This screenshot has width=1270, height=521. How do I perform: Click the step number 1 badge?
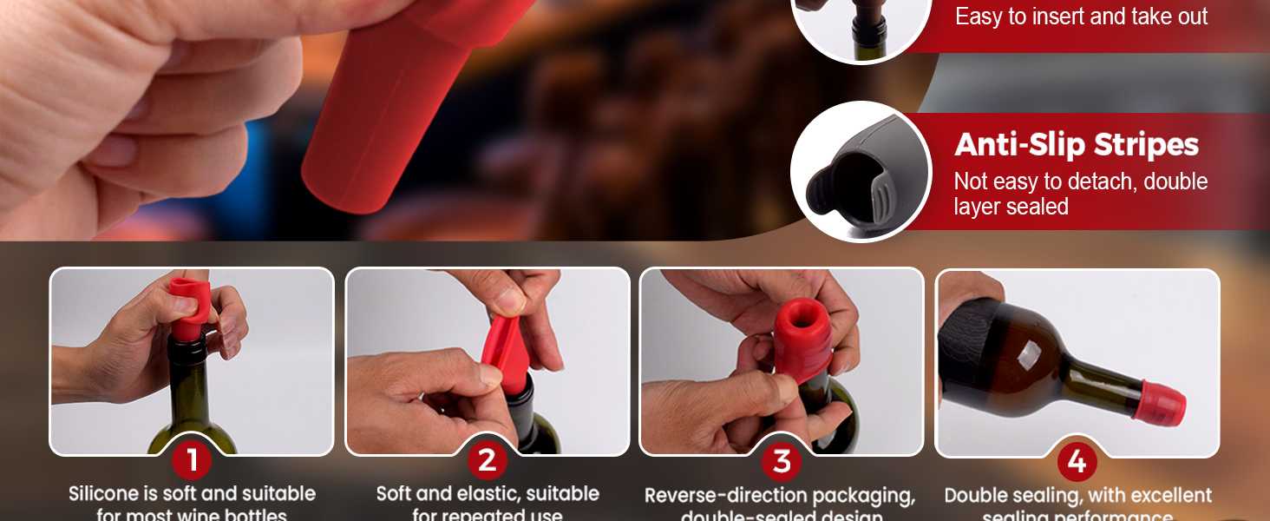pos(192,461)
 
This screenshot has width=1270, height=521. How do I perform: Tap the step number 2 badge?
pos(487,461)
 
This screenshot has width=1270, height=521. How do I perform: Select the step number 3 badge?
pos(782,461)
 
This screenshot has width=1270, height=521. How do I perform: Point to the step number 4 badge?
pos(1077,461)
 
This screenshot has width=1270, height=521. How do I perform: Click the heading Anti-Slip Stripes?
pos(1077,145)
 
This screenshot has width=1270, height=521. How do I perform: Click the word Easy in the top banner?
pos(978,16)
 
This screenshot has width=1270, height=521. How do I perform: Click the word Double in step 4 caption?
pos(975,496)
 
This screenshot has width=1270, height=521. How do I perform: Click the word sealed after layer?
pos(1037,207)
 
